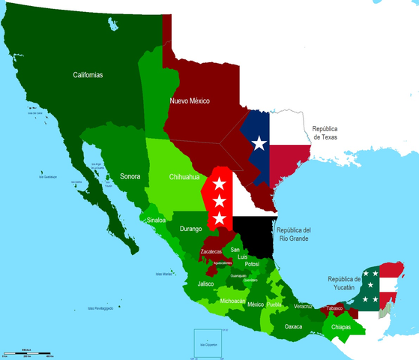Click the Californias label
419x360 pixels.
(88, 75)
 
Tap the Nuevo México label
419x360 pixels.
(189, 100)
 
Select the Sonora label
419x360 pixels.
(132, 177)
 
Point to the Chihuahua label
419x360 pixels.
(184, 177)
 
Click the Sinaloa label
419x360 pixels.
(155, 222)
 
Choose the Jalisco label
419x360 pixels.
(206, 284)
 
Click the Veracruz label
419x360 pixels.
(303, 307)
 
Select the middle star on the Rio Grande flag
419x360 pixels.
(219, 201)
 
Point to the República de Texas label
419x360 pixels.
(331, 133)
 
